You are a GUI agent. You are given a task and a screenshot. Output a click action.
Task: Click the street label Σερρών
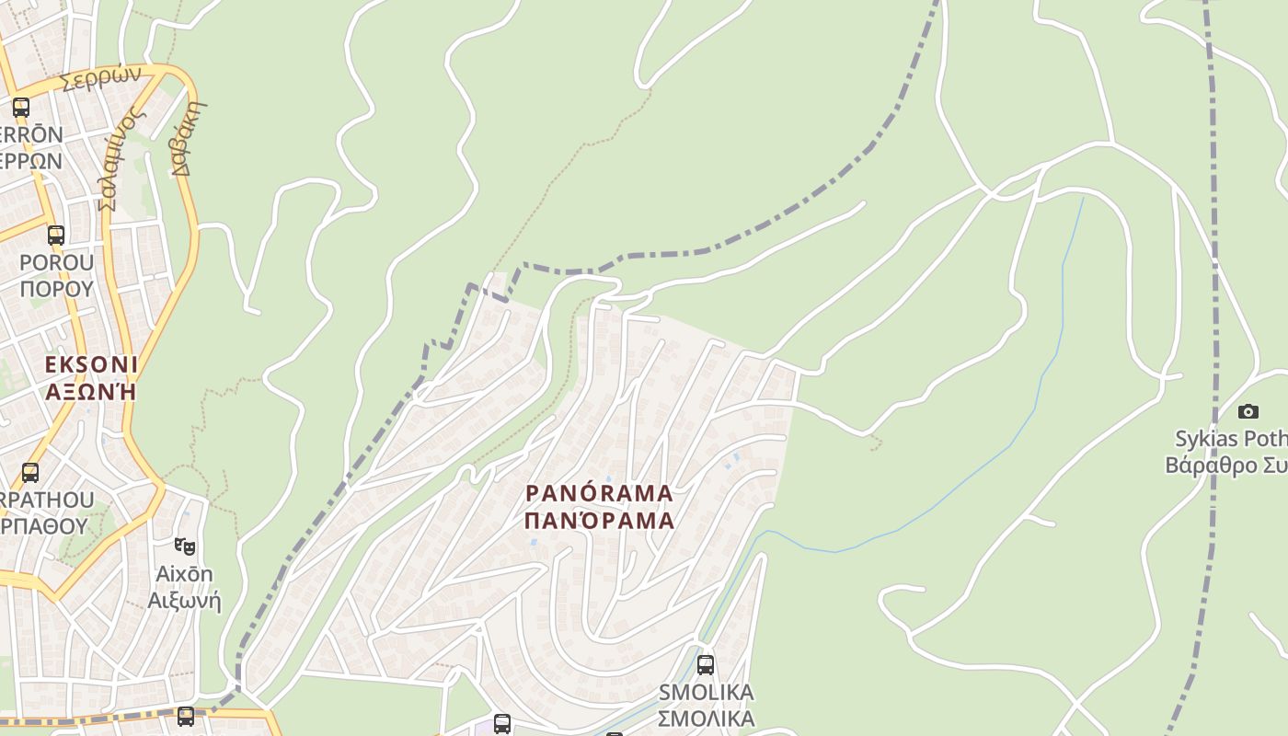(100, 77)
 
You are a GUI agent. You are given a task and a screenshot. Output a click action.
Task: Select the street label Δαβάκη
(188, 138)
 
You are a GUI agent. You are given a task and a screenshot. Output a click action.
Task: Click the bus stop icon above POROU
(56, 235)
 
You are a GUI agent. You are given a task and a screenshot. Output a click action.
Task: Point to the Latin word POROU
(56, 262)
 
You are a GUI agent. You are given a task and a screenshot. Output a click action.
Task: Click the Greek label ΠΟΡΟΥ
(56, 288)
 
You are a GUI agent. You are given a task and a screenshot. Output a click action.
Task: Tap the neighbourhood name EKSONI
(91, 364)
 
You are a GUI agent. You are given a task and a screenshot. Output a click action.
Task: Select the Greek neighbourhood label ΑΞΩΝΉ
(91, 391)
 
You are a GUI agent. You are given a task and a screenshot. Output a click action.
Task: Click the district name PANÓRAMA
(599, 493)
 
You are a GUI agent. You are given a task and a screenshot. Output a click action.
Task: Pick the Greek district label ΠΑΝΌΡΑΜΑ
(599, 521)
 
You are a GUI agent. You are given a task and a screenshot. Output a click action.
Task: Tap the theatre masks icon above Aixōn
(185, 546)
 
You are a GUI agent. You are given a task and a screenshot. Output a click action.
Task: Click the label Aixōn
(184, 574)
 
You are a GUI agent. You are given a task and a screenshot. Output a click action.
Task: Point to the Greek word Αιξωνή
(184, 602)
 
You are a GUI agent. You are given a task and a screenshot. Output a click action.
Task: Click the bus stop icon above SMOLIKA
(706, 664)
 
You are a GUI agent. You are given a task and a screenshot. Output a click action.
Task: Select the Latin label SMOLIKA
(706, 692)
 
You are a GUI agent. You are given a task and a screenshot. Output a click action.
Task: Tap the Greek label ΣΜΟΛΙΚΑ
(706, 718)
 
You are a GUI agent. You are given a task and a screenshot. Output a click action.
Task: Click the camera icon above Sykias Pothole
(1248, 411)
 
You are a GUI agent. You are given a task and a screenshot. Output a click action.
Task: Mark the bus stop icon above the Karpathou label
(30, 473)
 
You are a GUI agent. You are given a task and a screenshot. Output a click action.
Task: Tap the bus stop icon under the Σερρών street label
(21, 107)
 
